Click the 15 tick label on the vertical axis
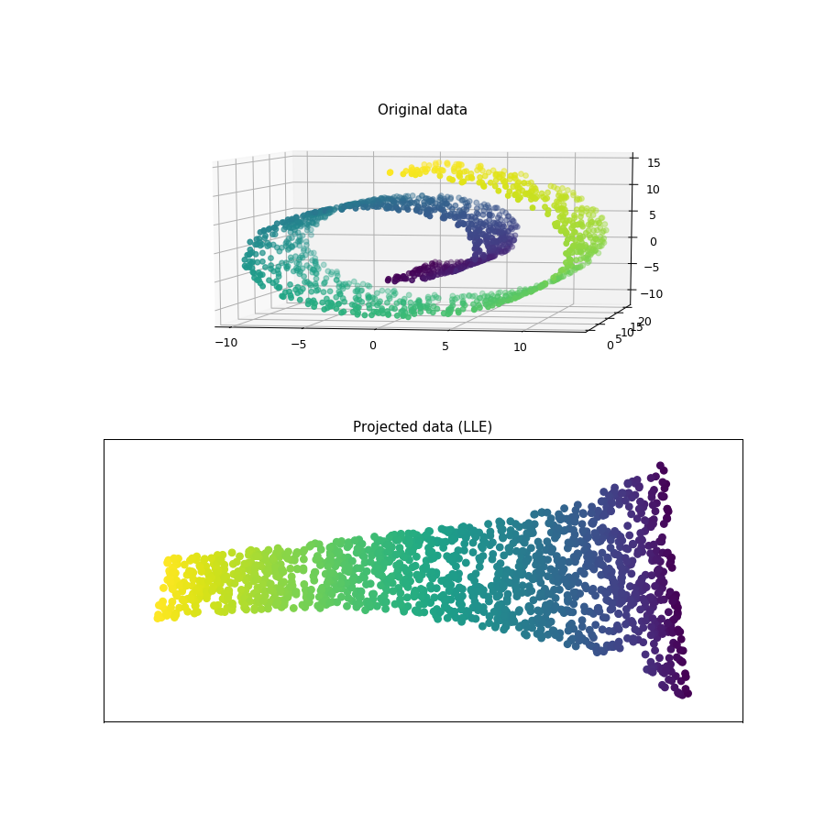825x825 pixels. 654,163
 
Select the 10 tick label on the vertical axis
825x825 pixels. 653,190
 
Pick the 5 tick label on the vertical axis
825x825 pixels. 653,215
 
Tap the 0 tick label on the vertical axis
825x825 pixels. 653,241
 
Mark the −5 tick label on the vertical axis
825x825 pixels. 652,268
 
